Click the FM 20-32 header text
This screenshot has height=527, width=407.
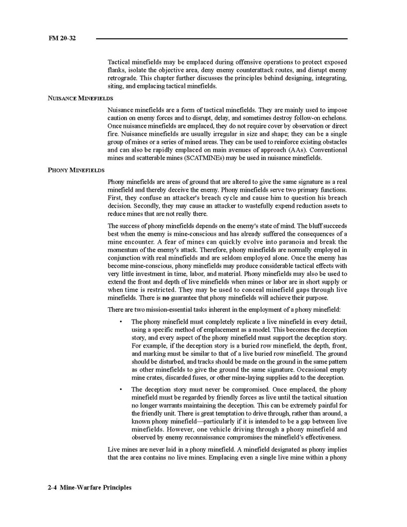(x=63, y=39)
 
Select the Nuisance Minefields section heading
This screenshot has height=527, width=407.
(x=80, y=98)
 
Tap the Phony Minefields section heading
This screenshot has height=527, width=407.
(x=76, y=170)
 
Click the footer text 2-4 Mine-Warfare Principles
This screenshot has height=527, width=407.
(x=90, y=488)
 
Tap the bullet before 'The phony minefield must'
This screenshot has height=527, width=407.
(x=121, y=322)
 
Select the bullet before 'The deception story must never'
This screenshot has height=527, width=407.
(x=121, y=389)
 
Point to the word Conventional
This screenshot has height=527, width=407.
(x=328, y=149)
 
